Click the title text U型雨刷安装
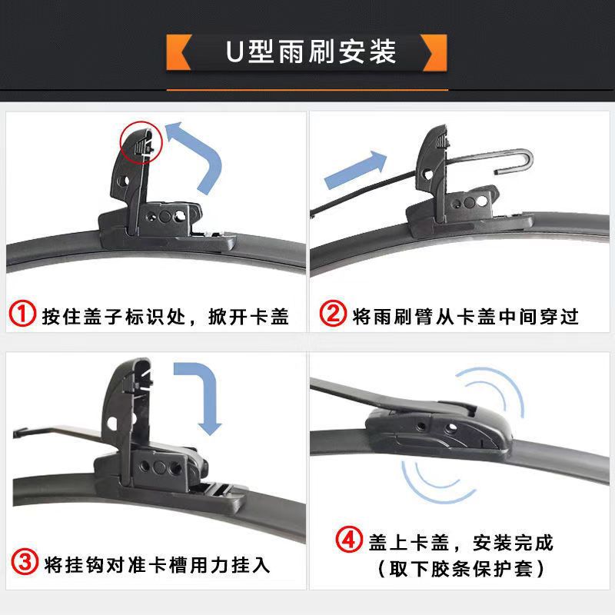point(311,52)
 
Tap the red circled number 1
point(22,314)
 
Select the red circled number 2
point(333,314)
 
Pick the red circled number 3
point(25,562)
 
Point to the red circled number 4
point(349,540)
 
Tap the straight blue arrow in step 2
point(355,170)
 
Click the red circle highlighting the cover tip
point(141,142)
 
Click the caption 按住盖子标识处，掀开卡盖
point(165,317)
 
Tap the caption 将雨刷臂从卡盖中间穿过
point(465,317)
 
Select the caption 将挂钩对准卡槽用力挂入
point(158,565)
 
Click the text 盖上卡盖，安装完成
point(460,543)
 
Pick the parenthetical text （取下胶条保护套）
point(460,569)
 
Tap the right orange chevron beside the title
point(435,52)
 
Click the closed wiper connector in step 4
point(437,430)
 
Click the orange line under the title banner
point(307,90)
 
